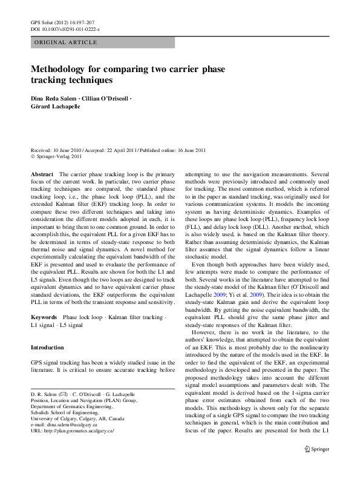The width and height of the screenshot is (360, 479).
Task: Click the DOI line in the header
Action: [x=65, y=29]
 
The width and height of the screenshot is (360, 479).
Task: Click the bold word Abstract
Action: [x=42, y=174]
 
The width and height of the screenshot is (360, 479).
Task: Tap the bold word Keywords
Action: [x=44, y=317]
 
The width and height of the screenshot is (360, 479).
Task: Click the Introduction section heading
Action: [x=47, y=348]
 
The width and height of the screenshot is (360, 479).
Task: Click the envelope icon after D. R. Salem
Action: [x=64, y=394]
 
